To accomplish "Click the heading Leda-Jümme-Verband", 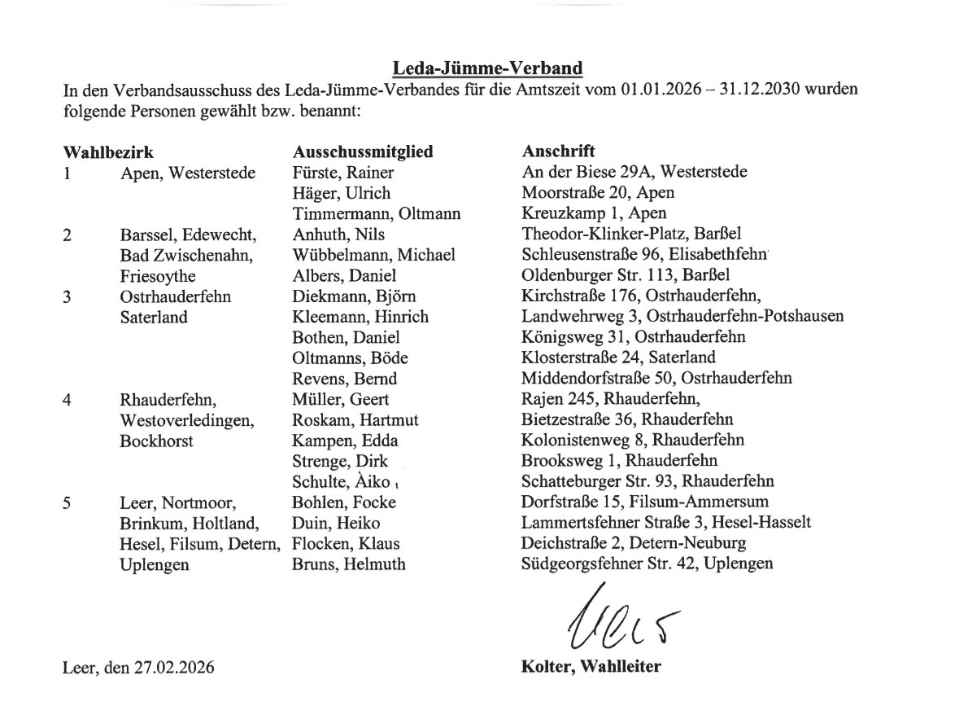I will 488,67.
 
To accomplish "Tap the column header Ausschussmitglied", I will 362,151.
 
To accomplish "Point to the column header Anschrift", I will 558,151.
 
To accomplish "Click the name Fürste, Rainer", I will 342,173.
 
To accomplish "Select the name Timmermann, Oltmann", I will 376,214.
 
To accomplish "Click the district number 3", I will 68,296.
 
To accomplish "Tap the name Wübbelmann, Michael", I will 373,255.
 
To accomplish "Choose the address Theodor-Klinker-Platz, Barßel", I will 631,235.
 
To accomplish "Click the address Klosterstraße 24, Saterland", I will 618,357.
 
